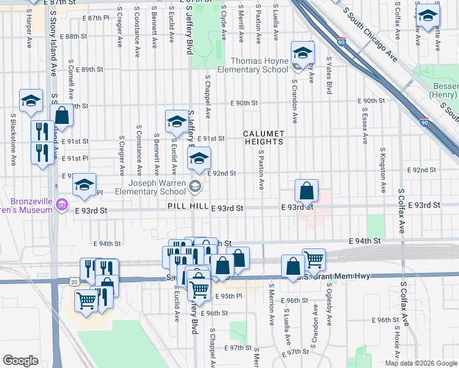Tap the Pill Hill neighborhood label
[x=188, y=207]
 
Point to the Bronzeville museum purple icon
[x=61, y=204]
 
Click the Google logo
[x=21, y=361]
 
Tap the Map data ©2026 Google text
[x=420, y=362]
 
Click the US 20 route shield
[x=74, y=282]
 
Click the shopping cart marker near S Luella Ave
[x=314, y=259]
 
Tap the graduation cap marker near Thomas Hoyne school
[x=303, y=53]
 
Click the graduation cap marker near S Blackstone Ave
[x=31, y=101]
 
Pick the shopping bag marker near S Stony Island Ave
[x=62, y=115]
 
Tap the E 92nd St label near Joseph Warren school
[x=222, y=174]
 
